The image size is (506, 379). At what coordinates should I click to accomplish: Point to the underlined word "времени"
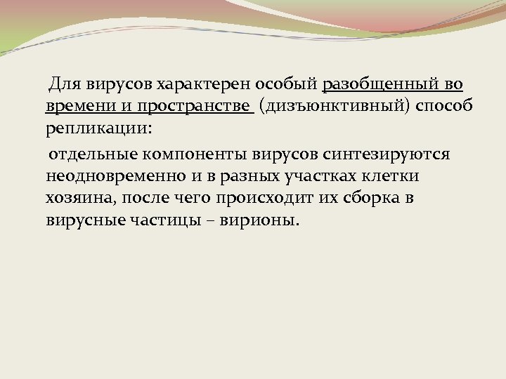coord(74,107)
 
